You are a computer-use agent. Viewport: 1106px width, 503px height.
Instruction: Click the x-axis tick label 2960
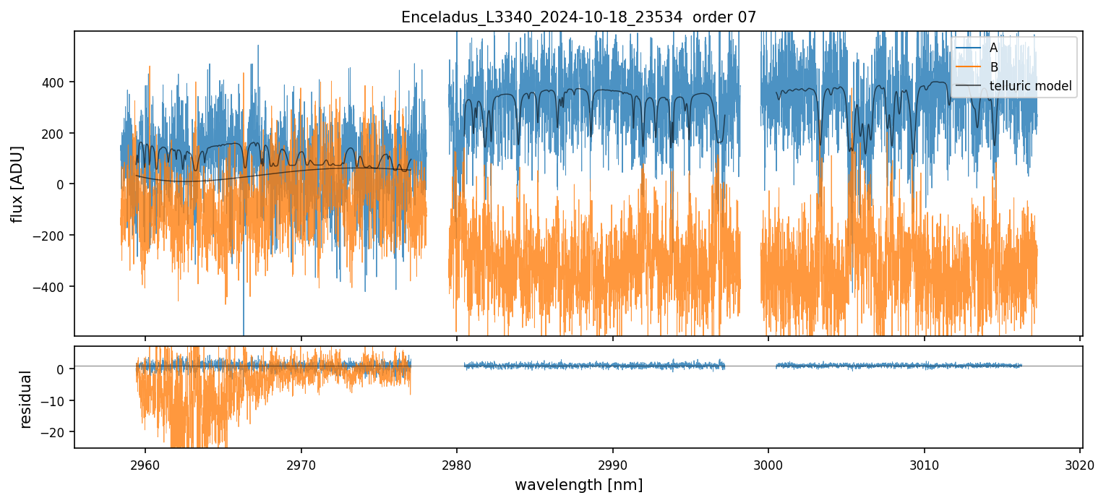pyautogui.click(x=145, y=463)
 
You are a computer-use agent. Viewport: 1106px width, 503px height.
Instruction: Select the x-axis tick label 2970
pyautogui.click(x=301, y=463)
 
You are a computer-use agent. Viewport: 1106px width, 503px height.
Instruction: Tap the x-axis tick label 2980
pyautogui.click(x=457, y=463)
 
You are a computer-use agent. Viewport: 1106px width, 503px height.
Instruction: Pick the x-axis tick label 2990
pyautogui.click(x=613, y=463)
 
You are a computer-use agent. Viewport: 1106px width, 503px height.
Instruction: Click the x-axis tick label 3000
pyautogui.click(x=768, y=463)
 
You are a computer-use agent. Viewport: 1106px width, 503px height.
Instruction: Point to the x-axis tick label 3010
pyautogui.click(x=925, y=463)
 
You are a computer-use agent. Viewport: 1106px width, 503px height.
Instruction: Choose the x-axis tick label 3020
pyautogui.click(x=1080, y=463)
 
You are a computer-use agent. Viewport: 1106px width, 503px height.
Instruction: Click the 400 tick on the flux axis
pyautogui.click(x=57, y=82)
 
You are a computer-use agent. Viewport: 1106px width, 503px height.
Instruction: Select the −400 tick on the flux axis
pyautogui.click(x=54, y=287)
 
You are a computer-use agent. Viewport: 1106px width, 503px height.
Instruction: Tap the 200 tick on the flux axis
pyautogui.click(x=57, y=134)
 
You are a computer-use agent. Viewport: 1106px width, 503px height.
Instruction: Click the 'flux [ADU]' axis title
pyautogui.click(x=17, y=184)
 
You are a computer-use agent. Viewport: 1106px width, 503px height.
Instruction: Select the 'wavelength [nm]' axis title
pyautogui.click(x=578, y=484)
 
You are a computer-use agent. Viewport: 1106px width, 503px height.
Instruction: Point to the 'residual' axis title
pyautogui.click(x=26, y=399)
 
